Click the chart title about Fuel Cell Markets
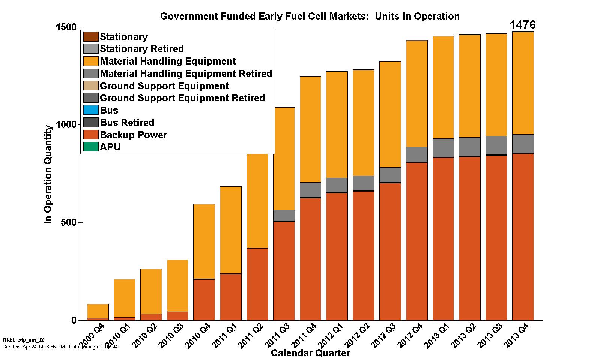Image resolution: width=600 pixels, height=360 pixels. point(310,16)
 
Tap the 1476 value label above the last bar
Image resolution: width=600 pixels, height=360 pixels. point(522,25)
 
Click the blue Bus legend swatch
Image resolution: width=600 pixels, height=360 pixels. point(91,110)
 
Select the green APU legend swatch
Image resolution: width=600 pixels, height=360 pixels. point(91,147)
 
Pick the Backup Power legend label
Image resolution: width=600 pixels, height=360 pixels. point(133,135)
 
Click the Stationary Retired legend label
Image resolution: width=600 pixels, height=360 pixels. point(142,49)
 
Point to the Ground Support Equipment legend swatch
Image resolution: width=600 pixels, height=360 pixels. point(91,86)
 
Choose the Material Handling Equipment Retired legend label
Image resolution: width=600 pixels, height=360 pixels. point(186,73)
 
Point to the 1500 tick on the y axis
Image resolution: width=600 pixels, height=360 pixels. point(66,27)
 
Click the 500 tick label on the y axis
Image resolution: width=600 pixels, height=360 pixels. point(69,222)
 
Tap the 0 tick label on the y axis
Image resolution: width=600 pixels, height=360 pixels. point(74,320)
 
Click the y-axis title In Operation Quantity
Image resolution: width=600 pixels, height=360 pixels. point(48,174)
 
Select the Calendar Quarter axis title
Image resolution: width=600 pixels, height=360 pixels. point(310,353)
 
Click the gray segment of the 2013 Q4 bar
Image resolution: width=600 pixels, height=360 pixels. point(523,143)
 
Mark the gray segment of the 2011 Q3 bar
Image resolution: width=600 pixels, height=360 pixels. point(284,215)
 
